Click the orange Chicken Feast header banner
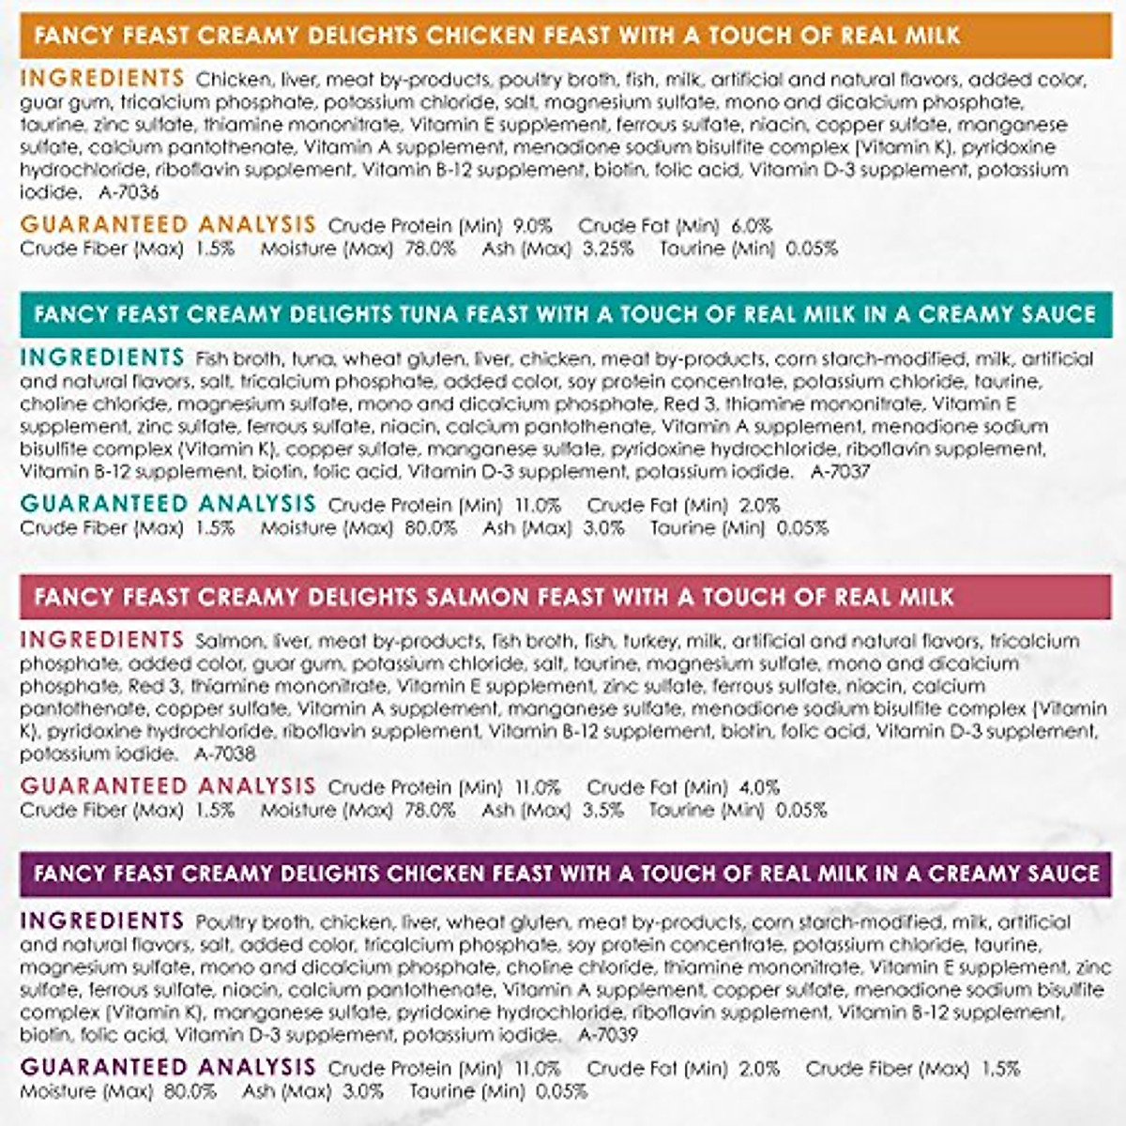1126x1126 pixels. coord(563,37)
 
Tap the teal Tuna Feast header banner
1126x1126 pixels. coord(563,313)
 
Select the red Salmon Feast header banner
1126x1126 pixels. coord(563,596)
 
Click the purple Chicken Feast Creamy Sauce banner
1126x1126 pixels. coord(563,874)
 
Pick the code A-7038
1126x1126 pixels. coord(225,753)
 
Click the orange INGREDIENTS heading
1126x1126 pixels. coord(102,78)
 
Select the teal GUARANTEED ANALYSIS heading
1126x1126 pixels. coord(168,504)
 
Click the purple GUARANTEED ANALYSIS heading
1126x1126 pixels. coord(168,1067)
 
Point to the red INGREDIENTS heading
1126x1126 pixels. coord(102,640)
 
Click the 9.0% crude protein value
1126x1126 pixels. coord(532,226)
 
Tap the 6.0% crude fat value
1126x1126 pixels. coord(752,226)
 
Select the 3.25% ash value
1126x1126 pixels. coord(607,249)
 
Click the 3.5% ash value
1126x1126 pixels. coord(602,810)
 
